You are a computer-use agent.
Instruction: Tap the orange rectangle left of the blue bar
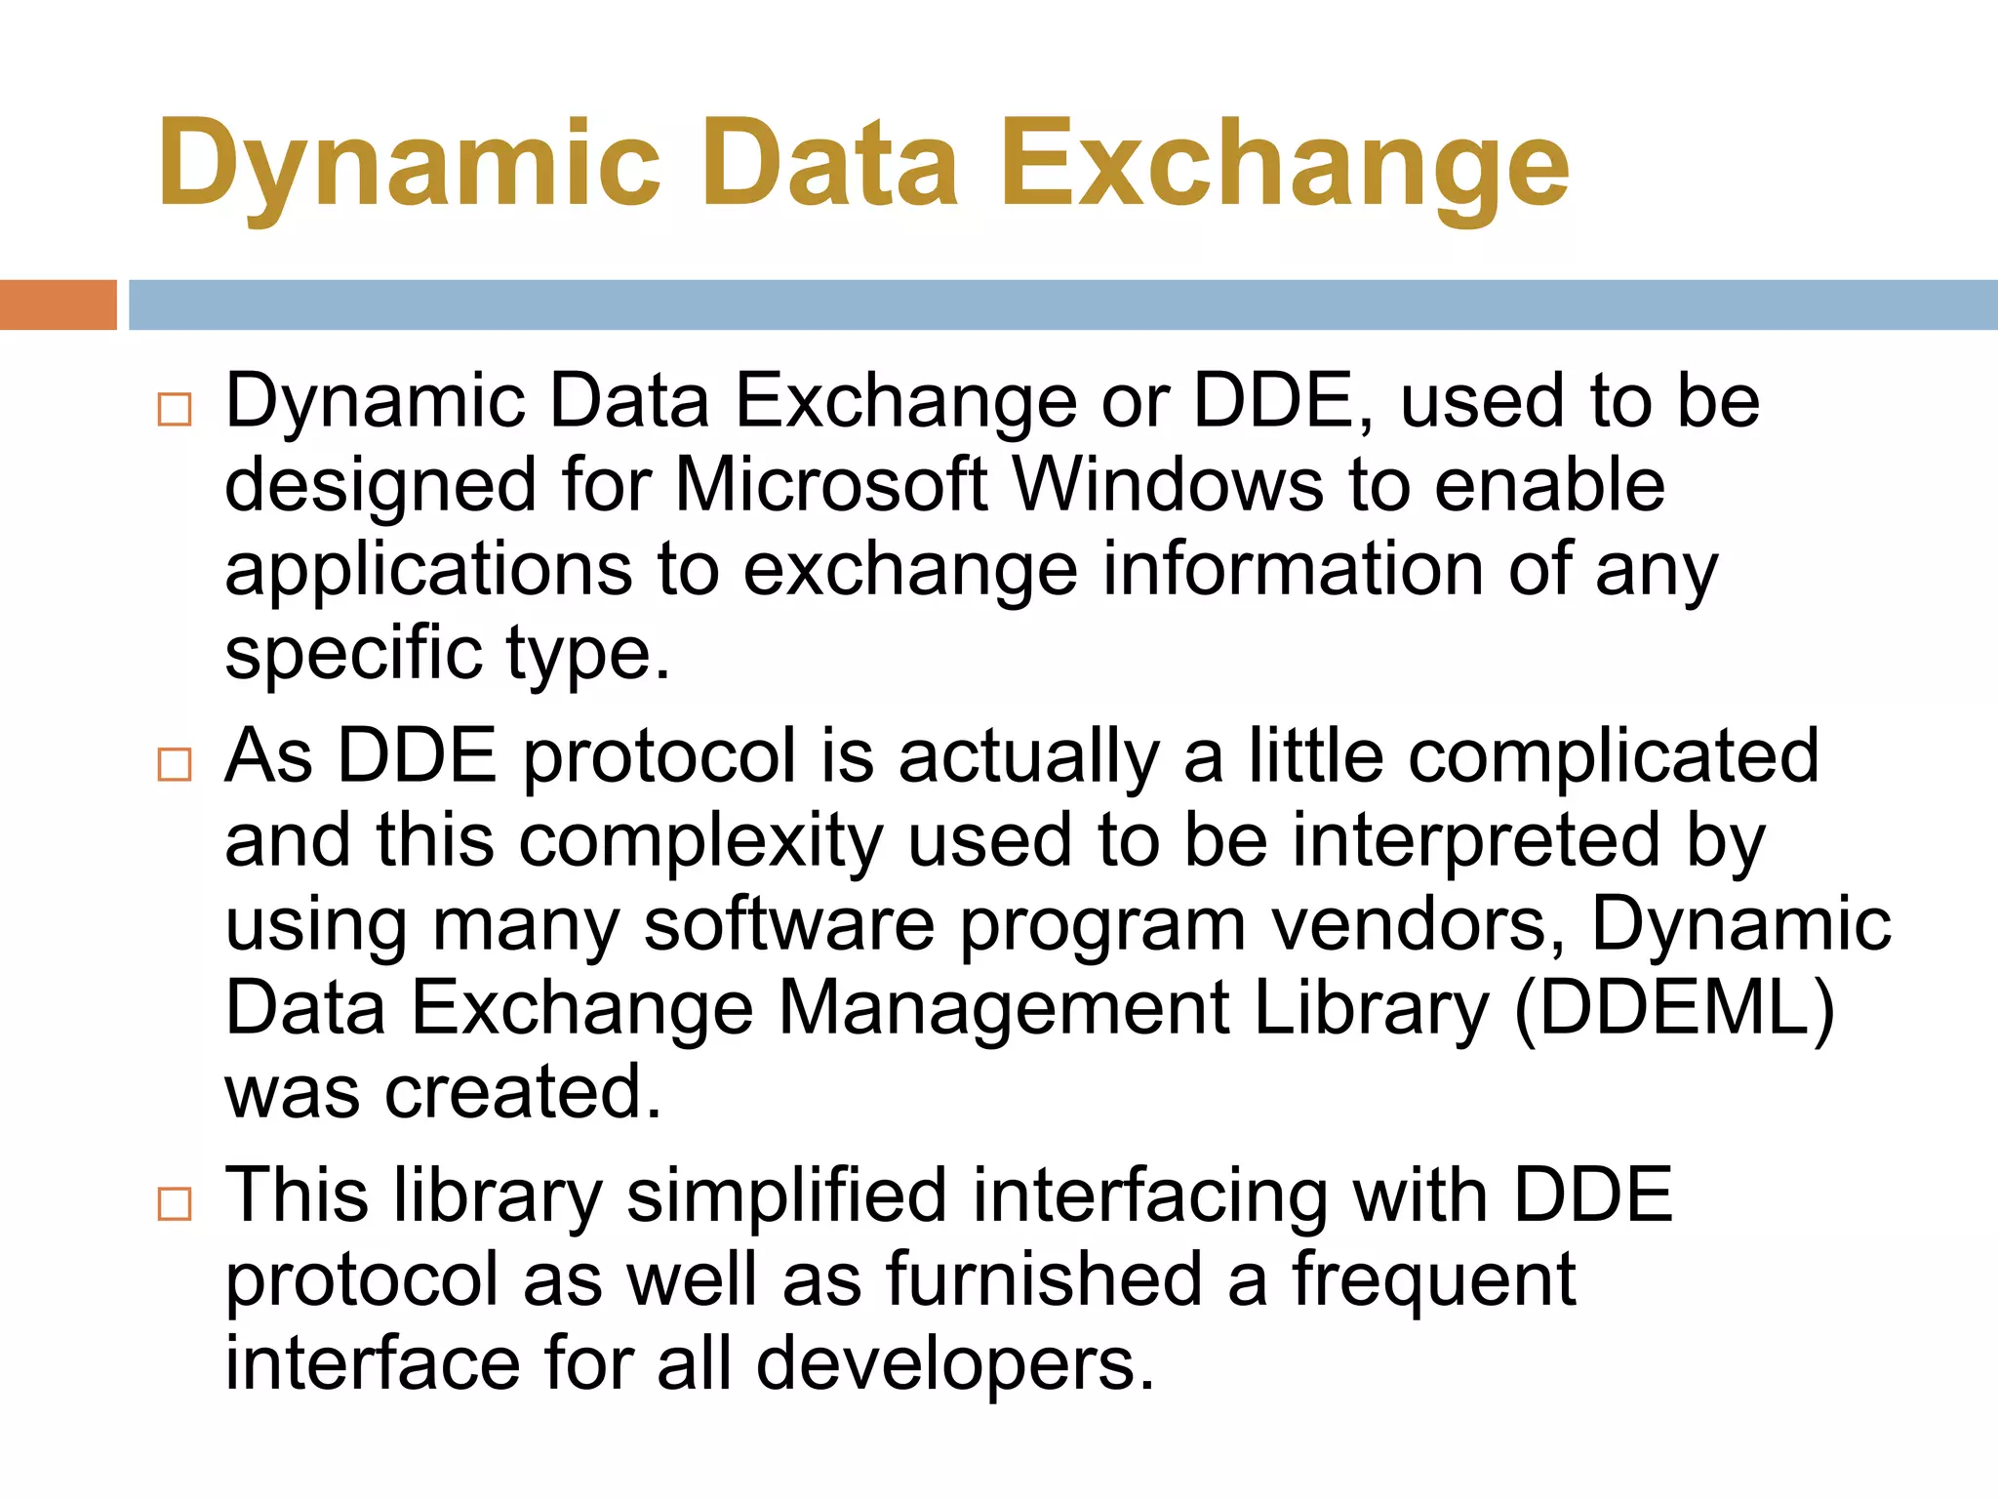pyautogui.click(x=58, y=304)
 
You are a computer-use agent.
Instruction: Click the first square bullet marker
pyautogui.click(x=175, y=410)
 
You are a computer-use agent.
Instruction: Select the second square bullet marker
pyautogui.click(x=175, y=764)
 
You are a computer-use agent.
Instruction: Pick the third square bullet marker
pyautogui.click(x=175, y=1204)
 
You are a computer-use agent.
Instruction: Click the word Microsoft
pyautogui.click(x=830, y=485)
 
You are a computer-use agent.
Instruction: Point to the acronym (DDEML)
pyautogui.click(x=1674, y=1008)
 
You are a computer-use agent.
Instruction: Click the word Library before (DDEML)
pyautogui.click(x=1372, y=1010)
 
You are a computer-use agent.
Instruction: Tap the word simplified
pyautogui.click(x=786, y=1196)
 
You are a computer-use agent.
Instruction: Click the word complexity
pyautogui.click(x=699, y=841)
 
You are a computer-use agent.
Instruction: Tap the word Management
pyautogui.click(x=1003, y=1008)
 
